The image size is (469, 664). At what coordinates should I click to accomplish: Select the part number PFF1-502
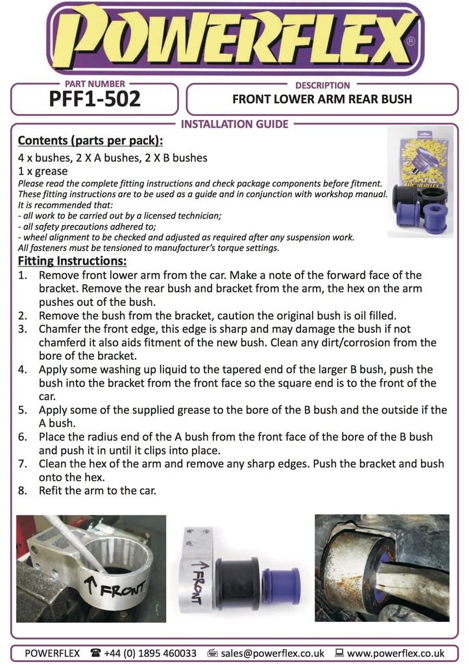click(x=95, y=100)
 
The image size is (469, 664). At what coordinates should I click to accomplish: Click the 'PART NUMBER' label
click(x=95, y=84)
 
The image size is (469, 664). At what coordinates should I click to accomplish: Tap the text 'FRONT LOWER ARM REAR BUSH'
click(x=322, y=100)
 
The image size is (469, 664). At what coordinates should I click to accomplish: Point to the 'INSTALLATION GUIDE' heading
click(x=234, y=124)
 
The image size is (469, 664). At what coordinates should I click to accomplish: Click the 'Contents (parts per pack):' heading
click(x=90, y=141)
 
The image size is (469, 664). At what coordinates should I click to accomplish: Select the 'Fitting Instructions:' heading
click(x=72, y=261)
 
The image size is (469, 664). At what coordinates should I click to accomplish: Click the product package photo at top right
click(x=420, y=182)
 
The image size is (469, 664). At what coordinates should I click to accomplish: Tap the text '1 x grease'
click(x=43, y=171)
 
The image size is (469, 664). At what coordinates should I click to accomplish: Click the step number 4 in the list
click(x=23, y=369)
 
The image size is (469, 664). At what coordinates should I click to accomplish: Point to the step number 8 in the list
click(x=23, y=491)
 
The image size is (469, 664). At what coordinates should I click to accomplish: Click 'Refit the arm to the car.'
click(x=97, y=491)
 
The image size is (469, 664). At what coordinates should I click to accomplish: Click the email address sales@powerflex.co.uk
click(x=274, y=653)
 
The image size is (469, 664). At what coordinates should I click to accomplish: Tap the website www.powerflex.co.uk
click(x=396, y=653)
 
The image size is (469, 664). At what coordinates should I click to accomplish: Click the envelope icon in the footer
click(x=211, y=653)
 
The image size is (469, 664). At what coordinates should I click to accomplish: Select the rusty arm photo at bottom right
click(x=381, y=568)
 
